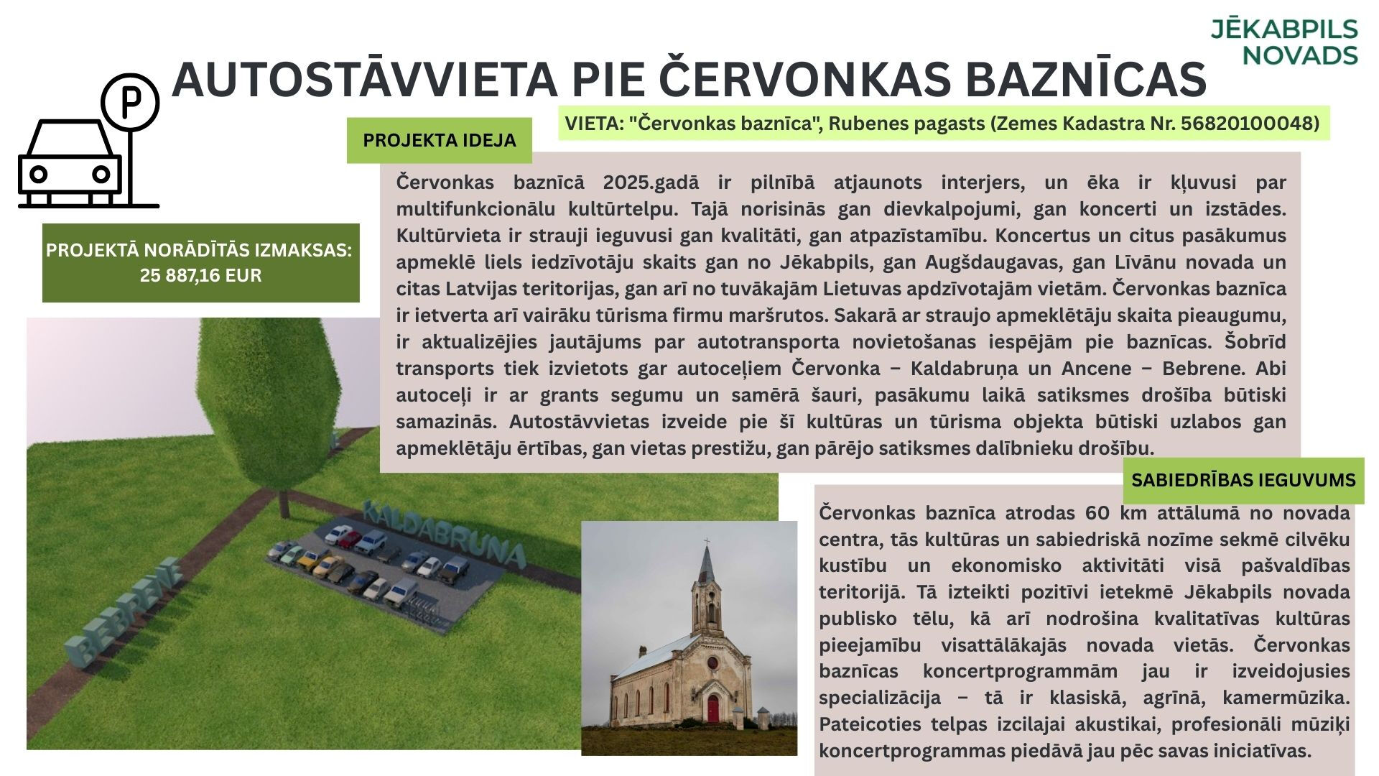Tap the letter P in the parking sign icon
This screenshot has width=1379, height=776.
pyautogui.click(x=129, y=102)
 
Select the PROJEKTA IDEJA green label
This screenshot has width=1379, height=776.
pyautogui.click(x=439, y=140)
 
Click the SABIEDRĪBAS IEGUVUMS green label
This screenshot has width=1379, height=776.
pyautogui.click(x=1243, y=480)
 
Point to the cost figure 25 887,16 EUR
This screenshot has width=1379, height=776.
pyautogui.click(x=200, y=275)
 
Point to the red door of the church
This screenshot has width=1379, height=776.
pyautogui.click(x=712, y=708)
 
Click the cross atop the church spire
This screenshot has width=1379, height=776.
pyautogui.click(x=706, y=542)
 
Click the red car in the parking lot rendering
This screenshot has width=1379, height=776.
pyautogui.click(x=350, y=537)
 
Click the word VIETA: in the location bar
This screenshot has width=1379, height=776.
pyautogui.click(x=593, y=124)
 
